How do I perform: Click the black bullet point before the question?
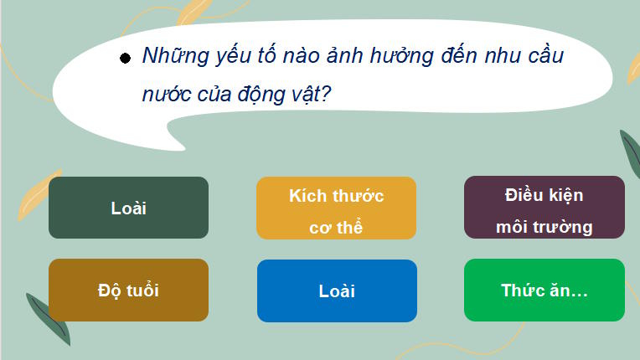coord(125,59)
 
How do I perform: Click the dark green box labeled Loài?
coord(128,208)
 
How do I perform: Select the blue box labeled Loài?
coord(337,291)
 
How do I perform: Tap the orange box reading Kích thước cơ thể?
coord(336,208)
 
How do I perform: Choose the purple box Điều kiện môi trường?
coord(544,208)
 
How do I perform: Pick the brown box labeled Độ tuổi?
coord(128,290)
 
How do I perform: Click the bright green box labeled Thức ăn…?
coord(544,290)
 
